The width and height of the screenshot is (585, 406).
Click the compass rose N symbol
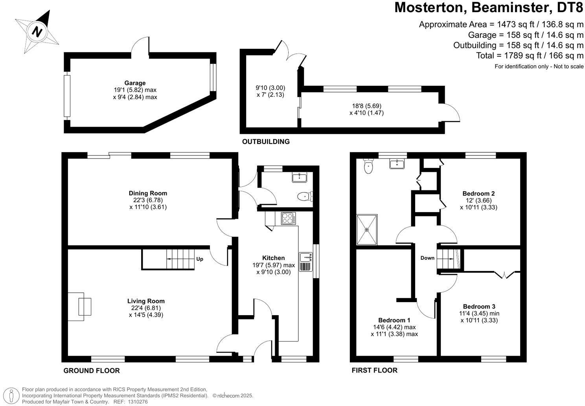tap(37, 31)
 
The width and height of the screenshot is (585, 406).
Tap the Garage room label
tap(135, 83)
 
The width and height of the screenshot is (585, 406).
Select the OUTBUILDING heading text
tap(266, 142)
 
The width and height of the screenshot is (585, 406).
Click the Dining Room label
tap(148, 193)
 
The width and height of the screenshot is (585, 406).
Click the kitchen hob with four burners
tap(289, 218)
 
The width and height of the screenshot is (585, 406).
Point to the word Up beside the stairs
tap(200, 259)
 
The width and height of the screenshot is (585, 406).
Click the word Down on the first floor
tap(427, 258)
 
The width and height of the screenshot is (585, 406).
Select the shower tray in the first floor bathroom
tap(367, 229)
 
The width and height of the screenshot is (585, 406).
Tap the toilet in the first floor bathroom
tap(368, 166)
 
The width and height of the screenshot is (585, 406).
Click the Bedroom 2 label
tap(478, 194)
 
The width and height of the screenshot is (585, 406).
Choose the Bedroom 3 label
tap(479, 306)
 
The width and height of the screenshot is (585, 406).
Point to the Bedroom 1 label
tap(394, 320)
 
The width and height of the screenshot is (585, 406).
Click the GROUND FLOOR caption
tap(92, 371)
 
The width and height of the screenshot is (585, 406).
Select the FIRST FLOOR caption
tap(374, 370)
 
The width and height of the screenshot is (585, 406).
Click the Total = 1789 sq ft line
tap(530, 55)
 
